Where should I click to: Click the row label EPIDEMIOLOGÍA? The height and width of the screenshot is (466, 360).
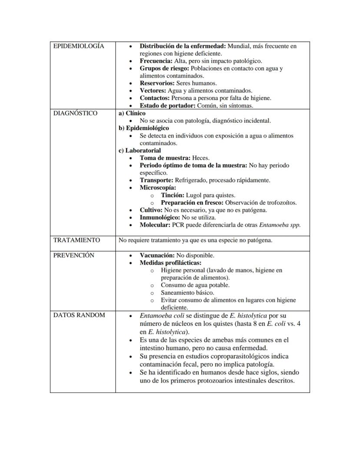pos(79,46)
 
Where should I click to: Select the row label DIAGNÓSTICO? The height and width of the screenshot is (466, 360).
pos(75,113)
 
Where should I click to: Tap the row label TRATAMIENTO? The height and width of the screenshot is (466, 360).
pos(77,240)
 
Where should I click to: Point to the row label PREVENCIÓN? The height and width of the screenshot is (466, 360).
pos(73,255)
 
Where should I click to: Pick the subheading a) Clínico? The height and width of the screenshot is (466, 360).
pos(132,113)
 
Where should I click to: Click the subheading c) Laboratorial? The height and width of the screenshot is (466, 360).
pos(140,151)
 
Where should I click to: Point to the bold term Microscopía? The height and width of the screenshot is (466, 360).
pos(158,188)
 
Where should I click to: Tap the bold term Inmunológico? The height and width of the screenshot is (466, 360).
pos(160,218)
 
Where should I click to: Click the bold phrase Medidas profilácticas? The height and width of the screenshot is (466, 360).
pos(170,263)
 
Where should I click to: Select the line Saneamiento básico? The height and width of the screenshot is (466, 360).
pos(189,293)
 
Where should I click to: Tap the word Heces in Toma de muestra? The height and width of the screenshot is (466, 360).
pos(200,158)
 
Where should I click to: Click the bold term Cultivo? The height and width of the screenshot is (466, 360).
pos(151,210)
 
